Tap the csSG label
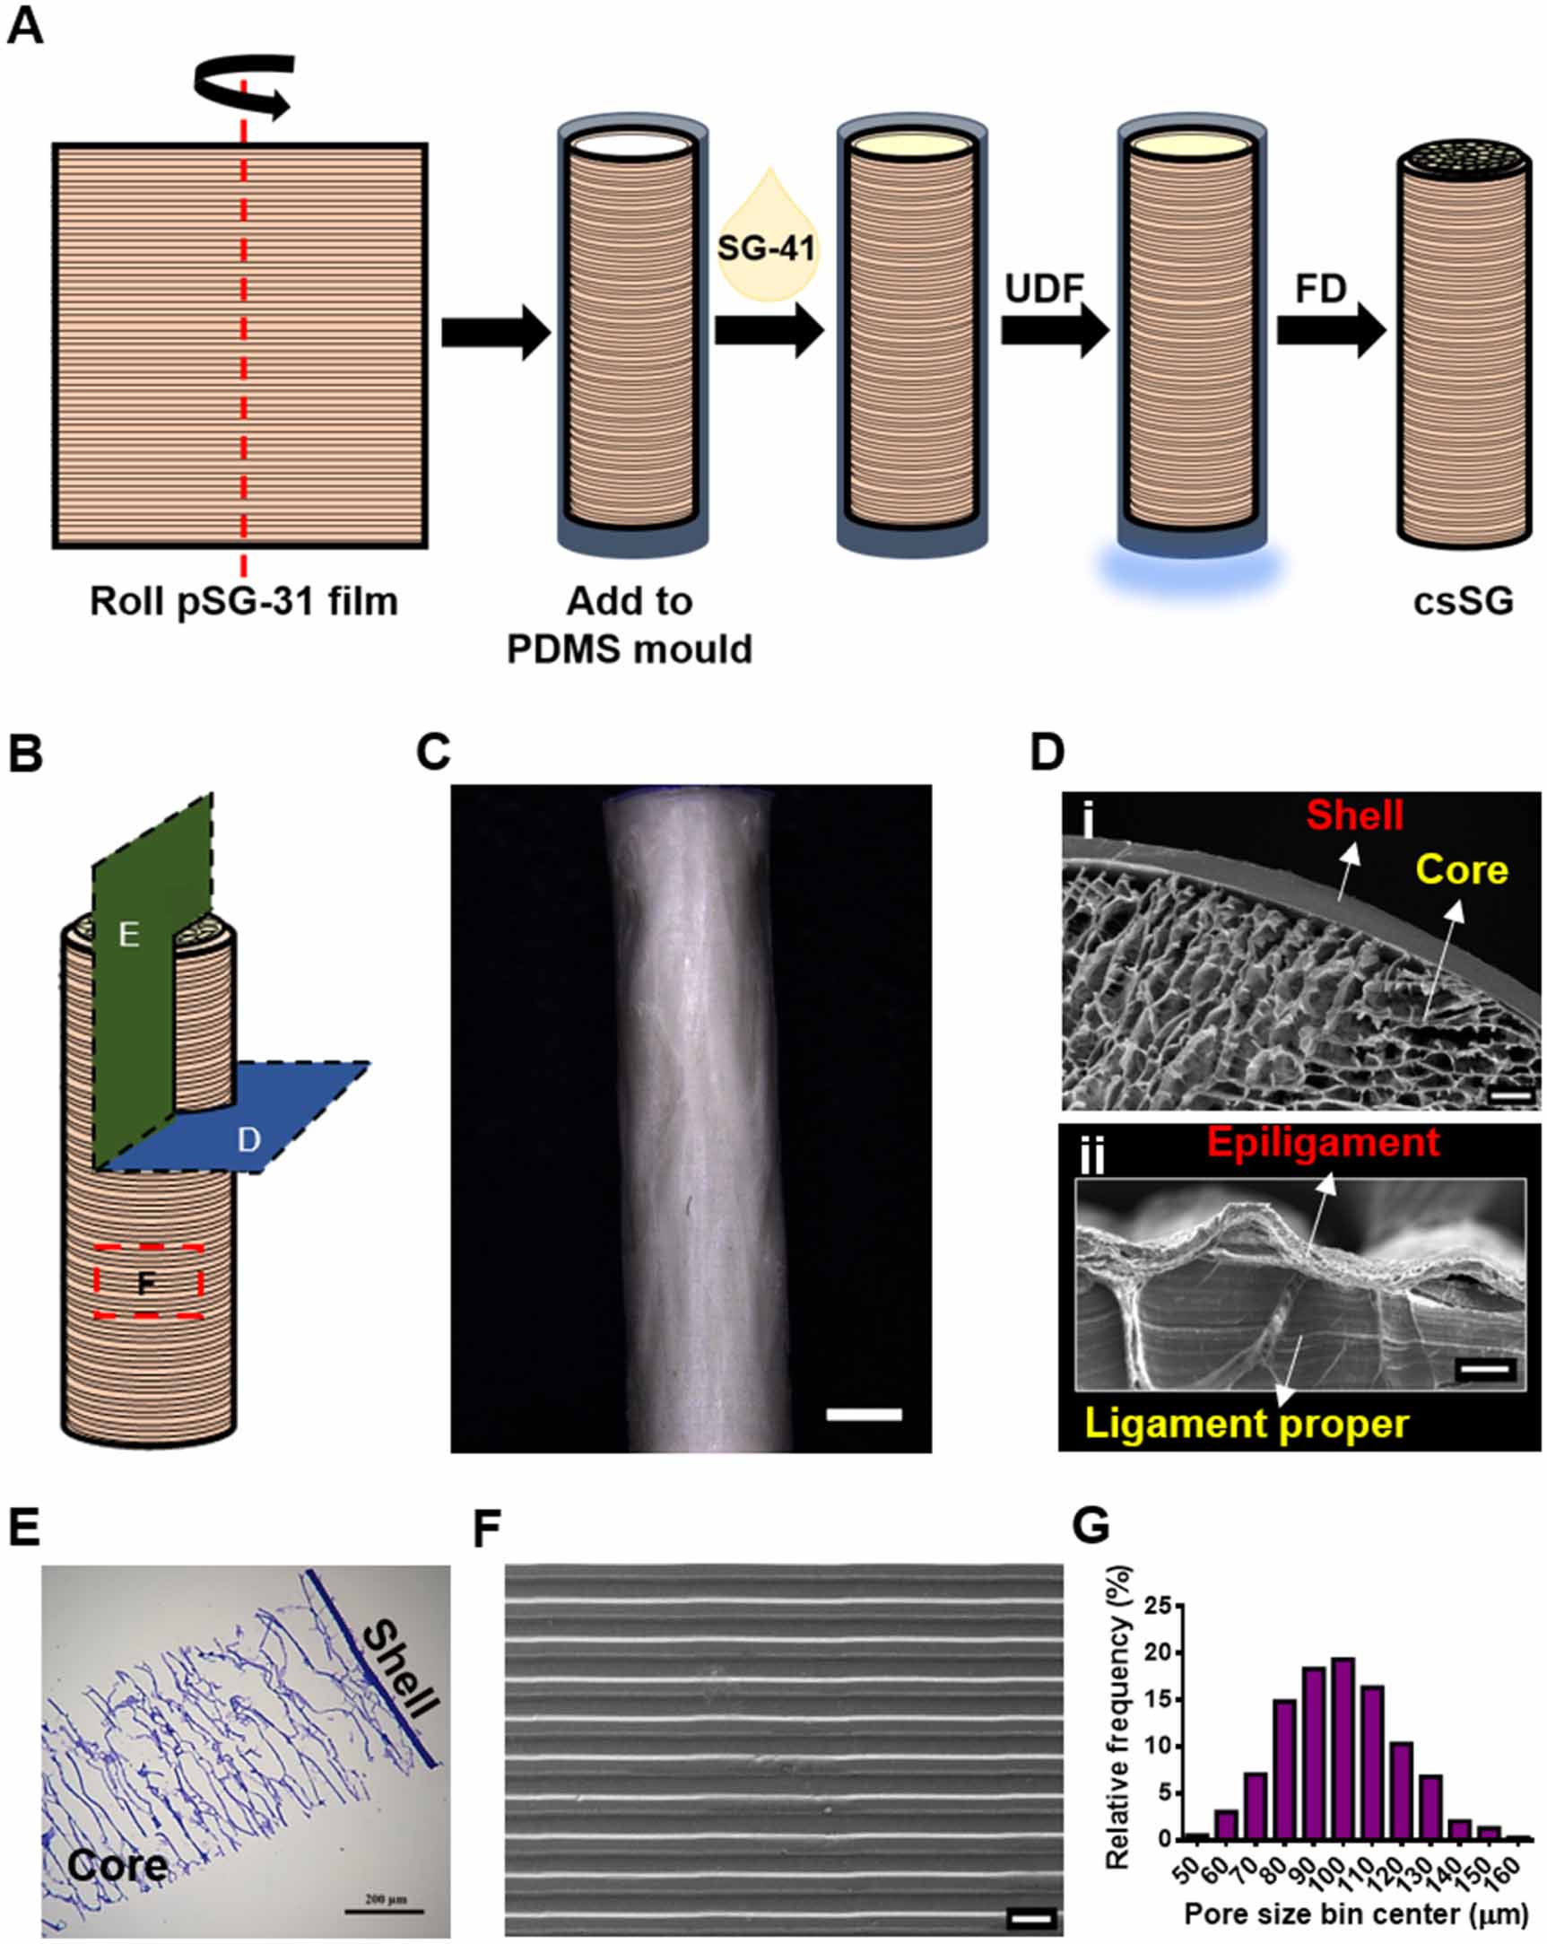1463,600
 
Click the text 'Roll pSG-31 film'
243,600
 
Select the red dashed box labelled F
149,1281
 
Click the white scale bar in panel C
864,1414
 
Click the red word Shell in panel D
1354,815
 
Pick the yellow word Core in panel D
1462,870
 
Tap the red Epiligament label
1323,1142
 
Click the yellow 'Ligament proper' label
1246,1424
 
